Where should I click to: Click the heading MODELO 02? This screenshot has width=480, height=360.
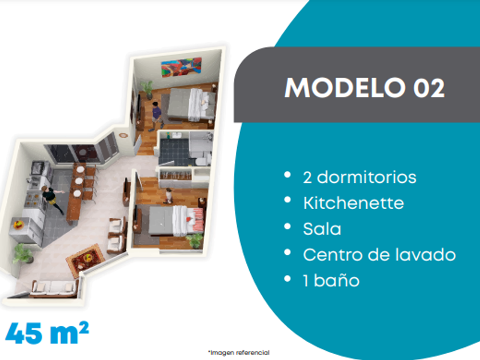(365, 88)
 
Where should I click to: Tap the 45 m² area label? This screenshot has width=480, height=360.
(47, 333)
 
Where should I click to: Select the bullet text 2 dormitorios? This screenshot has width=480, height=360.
(359, 177)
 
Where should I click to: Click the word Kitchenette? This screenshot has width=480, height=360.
(354, 203)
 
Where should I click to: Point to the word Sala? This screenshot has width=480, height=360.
(322, 229)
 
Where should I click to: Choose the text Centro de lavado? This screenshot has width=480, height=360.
(379, 254)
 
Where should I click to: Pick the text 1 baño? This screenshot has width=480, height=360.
(331, 281)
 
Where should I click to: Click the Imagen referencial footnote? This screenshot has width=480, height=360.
(239, 353)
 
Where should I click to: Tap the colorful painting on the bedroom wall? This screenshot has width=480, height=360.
(181, 67)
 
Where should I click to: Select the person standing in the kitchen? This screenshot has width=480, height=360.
(53, 199)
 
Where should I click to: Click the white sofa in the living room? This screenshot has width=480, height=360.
(54, 289)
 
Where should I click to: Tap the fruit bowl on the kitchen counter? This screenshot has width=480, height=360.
(18, 225)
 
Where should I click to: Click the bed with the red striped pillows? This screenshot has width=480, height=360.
(177, 221)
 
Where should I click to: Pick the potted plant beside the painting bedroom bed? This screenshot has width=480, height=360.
(147, 89)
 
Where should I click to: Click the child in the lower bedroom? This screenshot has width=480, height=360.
(169, 196)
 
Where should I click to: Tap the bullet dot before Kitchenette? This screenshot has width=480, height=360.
(287, 200)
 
